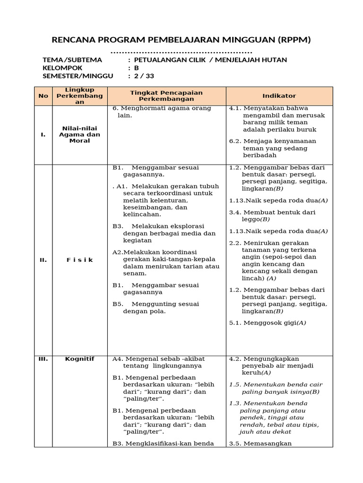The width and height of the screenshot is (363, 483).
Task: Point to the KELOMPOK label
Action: click(62, 68)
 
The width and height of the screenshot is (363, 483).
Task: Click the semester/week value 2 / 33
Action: click(144, 76)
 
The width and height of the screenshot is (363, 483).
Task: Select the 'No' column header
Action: click(43, 96)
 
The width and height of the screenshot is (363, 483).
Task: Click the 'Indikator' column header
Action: click(279, 96)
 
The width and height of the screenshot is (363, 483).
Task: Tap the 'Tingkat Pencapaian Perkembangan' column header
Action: click(166, 96)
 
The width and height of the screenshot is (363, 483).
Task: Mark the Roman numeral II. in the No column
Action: click(43, 260)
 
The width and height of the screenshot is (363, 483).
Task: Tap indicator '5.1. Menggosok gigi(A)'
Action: click(268, 323)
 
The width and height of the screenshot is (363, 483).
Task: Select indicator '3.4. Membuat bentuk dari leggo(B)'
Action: click(272, 216)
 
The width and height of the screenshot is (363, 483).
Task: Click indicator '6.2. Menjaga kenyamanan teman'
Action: click(273, 148)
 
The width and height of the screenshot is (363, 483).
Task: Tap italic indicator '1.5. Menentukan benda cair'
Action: click(274, 388)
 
